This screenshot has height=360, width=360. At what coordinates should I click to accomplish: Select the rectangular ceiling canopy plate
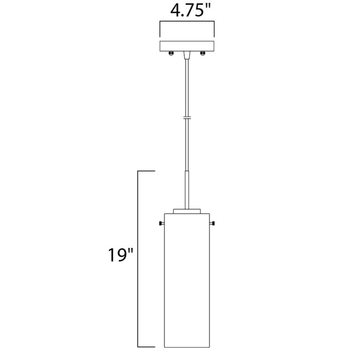(187, 46)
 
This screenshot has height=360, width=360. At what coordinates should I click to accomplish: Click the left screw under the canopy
(171, 54)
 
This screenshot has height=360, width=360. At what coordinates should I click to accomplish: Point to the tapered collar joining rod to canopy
(187, 55)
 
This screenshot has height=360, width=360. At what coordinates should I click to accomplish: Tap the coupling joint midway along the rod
(187, 118)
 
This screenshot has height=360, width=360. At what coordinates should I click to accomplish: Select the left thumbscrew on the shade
(161, 224)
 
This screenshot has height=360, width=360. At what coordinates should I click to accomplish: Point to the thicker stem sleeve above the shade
(187, 189)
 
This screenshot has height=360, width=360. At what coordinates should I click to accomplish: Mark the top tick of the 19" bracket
(146, 171)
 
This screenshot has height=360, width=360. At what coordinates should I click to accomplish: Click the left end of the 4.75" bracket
(160, 29)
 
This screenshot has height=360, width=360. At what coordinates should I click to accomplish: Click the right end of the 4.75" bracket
(215, 29)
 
